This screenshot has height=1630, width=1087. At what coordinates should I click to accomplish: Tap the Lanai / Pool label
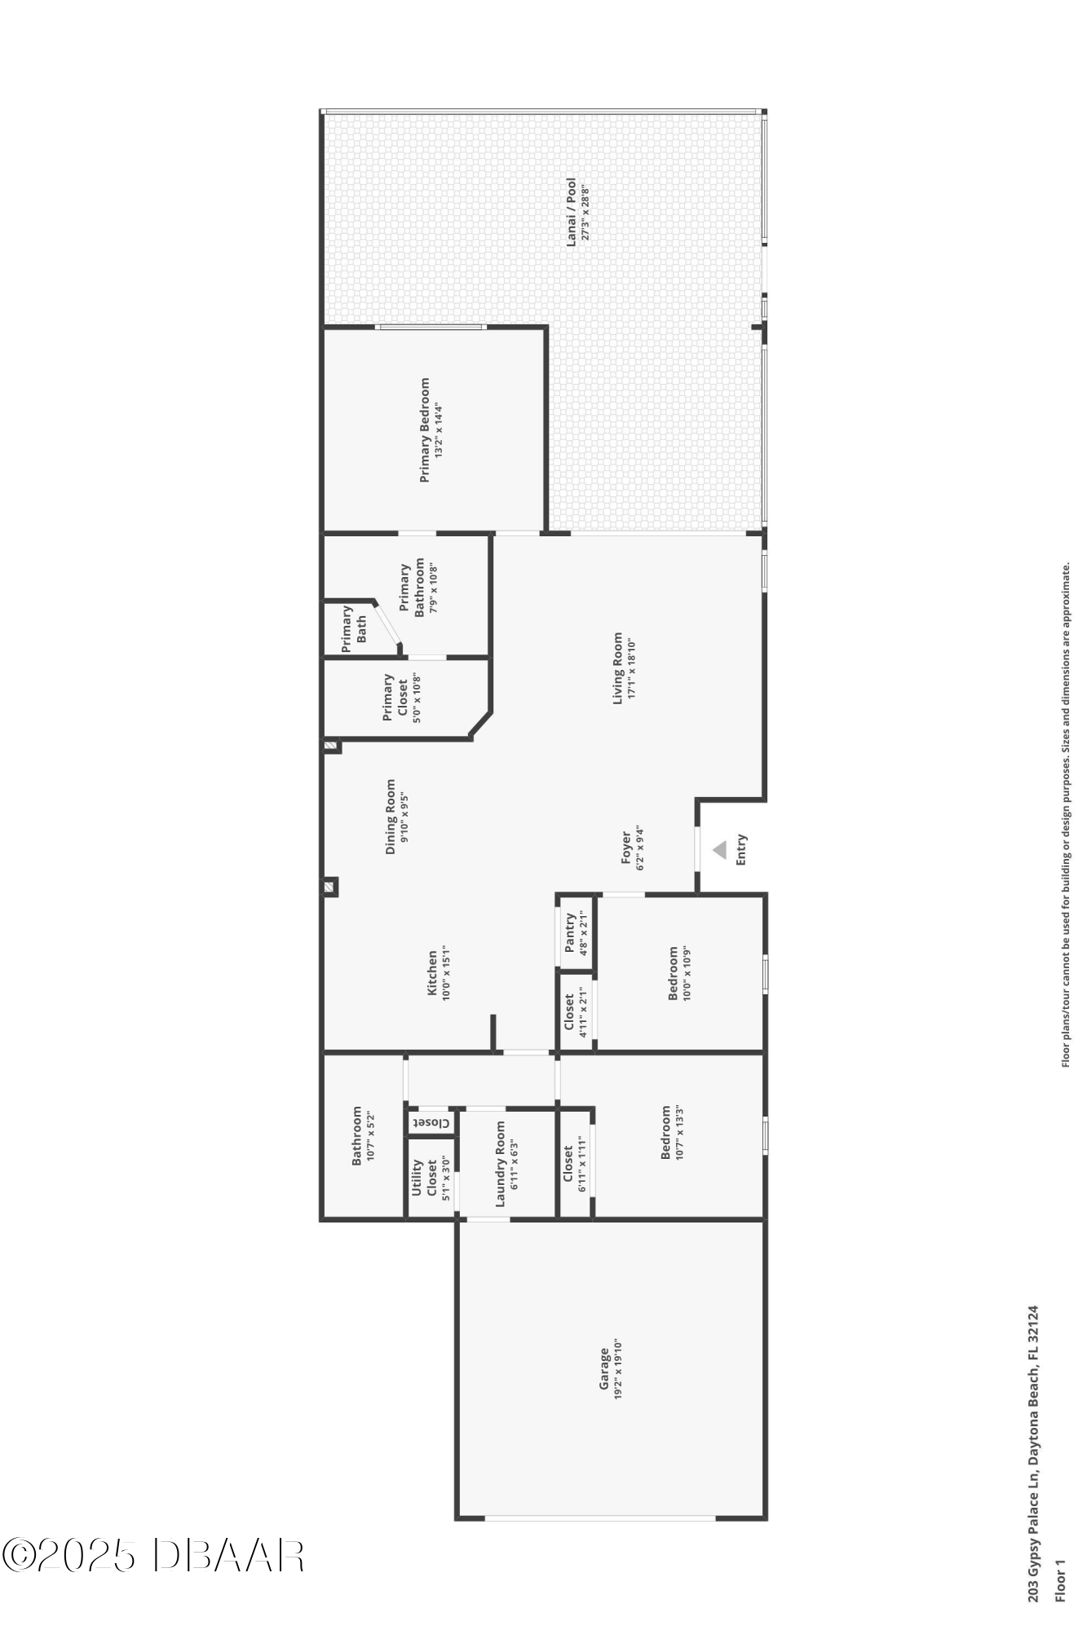click(572, 211)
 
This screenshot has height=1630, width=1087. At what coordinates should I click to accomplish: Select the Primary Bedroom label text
click(424, 430)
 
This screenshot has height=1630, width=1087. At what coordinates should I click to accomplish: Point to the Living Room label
click(618, 667)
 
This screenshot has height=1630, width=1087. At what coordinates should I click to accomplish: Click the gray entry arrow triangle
click(718, 850)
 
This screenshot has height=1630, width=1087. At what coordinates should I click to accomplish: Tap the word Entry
click(741, 850)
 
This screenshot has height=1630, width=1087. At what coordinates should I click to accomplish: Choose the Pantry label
click(570, 932)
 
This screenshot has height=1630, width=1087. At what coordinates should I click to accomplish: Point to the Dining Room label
click(390, 817)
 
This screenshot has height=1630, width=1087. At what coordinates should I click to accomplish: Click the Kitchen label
click(433, 972)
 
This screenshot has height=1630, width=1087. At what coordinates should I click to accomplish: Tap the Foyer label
click(626, 848)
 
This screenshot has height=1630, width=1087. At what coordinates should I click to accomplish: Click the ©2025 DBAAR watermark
click(153, 1555)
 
